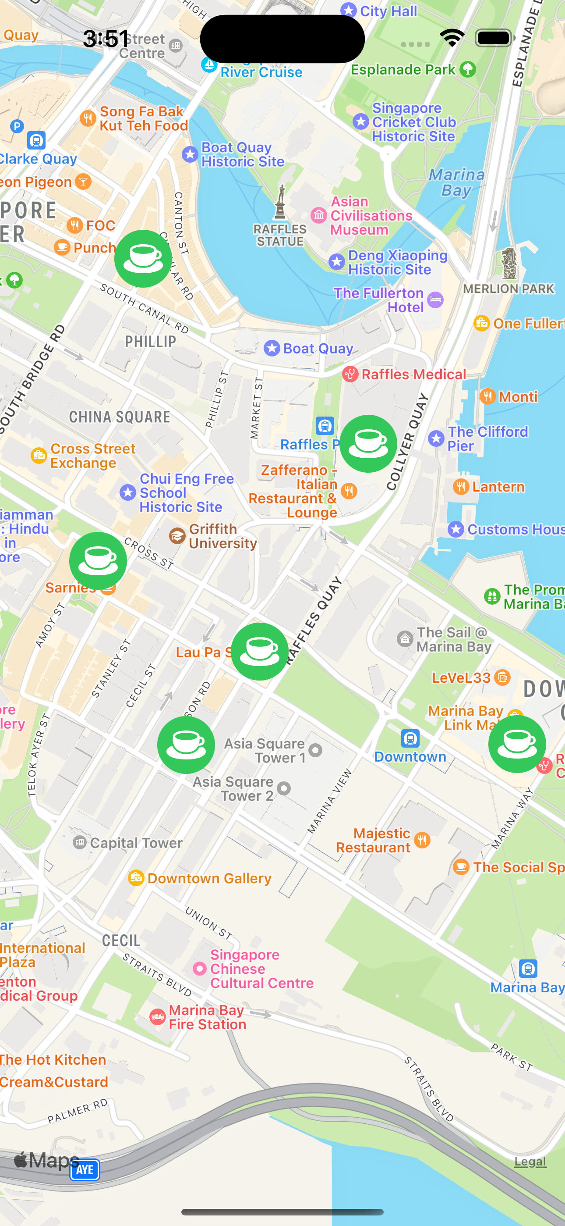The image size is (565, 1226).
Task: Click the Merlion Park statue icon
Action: click(509, 263)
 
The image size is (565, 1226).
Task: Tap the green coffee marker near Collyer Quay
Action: click(368, 444)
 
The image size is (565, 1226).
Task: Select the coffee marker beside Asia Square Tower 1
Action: click(186, 745)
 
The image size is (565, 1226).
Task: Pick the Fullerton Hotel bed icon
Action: click(435, 300)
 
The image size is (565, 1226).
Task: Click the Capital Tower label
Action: click(136, 843)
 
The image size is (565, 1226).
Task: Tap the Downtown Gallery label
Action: click(209, 878)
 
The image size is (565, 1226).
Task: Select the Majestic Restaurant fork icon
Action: click(422, 840)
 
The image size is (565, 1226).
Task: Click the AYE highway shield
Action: click(85, 1169)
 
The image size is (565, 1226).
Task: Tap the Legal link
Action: click(530, 1162)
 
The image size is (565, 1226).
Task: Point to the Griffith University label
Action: click(222, 536)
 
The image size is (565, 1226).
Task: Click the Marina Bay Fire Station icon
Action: click(157, 1017)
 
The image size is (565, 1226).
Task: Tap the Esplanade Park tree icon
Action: click(468, 69)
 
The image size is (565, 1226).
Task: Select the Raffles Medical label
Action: click(413, 374)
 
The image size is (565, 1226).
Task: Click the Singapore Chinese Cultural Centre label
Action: click(261, 969)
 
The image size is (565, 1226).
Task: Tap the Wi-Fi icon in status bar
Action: click(452, 38)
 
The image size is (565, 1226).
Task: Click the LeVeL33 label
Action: click(461, 677)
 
